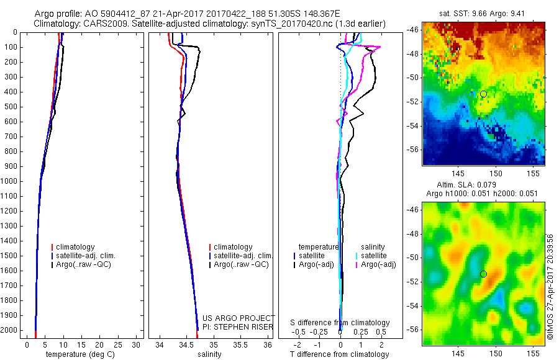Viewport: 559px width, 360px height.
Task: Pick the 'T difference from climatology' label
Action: point(339,354)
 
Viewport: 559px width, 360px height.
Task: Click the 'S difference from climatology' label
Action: point(340,323)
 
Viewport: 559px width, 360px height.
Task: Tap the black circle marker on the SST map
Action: point(483,94)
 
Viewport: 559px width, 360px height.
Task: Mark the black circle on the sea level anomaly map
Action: point(483,274)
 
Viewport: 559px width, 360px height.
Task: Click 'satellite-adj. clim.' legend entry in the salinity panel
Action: point(243,256)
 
